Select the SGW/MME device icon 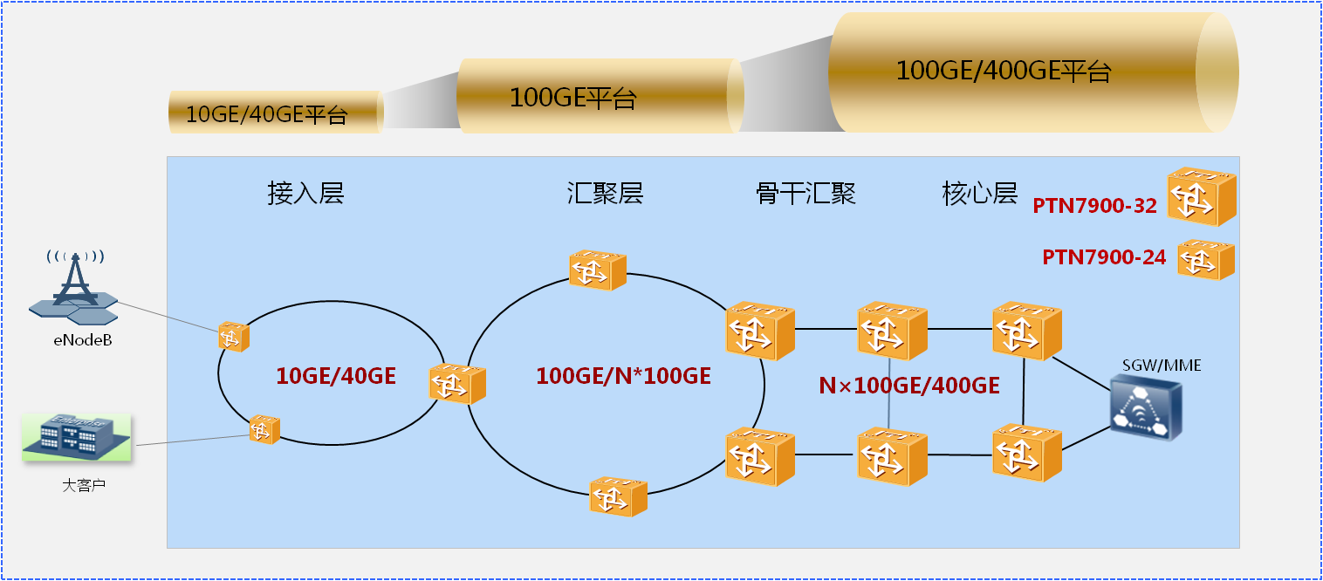pos(1147,407)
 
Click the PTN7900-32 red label pos(1094,206)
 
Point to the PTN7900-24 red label pos(1104,257)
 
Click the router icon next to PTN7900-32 pos(1202,195)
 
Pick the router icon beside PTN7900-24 pos(1206,259)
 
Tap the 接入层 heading pos(305,193)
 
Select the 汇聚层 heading pos(605,193)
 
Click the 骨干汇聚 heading pos(805,193)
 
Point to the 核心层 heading pos(979,193)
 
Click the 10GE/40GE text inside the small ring pos(336,376)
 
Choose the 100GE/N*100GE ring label pos(623,376)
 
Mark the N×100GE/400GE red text pos(908,385)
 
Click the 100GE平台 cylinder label pos(572,98)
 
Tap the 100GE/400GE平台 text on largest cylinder pos(1003,71)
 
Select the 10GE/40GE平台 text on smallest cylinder pos(267,115)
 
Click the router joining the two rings pos(457,383)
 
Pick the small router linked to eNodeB pos(234,336)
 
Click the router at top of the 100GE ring pos(598,269)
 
